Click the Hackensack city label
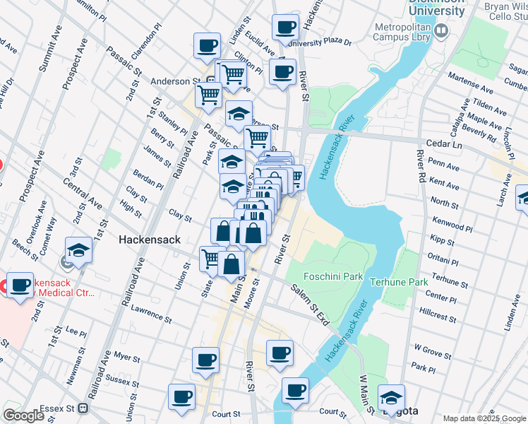click(x=146, y=240)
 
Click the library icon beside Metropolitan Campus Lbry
click(x=442, y=30)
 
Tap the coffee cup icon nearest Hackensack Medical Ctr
click(x=20, y=285)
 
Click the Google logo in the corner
click(x=23, y=416)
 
